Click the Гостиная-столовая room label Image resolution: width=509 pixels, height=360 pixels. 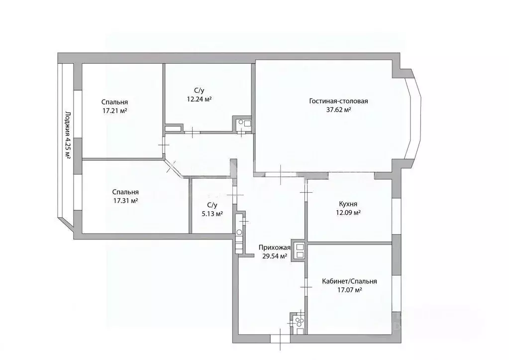tap(338, 101)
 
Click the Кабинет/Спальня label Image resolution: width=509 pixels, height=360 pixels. tap(349, 281)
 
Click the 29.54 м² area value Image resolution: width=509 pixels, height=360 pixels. tap(275, 256)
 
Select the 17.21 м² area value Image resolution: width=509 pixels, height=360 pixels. tap(115, 111)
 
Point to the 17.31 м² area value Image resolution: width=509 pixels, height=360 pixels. tap(125, 201)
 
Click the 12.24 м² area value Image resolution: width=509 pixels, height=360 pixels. tap(199, 99)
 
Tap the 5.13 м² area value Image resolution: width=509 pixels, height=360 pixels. tap(211, 214)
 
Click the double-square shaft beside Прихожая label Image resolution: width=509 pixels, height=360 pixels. tap(300, 250)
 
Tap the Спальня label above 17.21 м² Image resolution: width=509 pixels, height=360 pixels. tap(115, 102)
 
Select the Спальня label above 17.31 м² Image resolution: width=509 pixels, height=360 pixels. tap(125, 192)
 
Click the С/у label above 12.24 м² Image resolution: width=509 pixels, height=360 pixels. tap(199, 90)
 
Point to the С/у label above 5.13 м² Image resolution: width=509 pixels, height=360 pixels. tap(212, 205)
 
